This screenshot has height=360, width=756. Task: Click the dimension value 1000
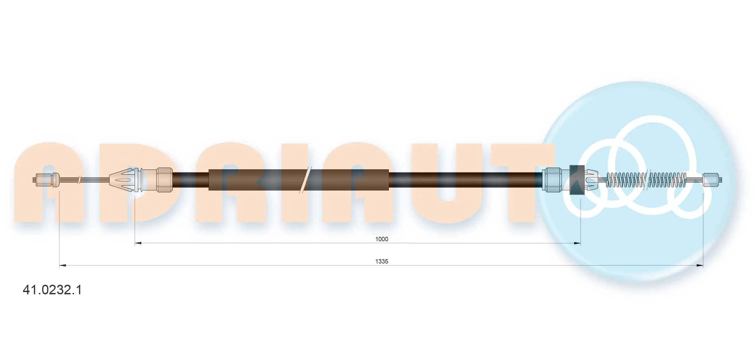point(381,239)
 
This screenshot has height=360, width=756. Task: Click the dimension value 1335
point(381,261)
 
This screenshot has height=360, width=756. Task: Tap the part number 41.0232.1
point(52,290)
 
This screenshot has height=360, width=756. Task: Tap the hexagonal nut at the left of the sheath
point(164,180)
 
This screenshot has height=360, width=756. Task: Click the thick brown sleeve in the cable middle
point(254,180)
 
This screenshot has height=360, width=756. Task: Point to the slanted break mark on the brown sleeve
point(305,180)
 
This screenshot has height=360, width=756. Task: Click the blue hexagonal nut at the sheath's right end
point(552,180)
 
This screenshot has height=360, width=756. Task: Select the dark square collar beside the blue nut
point(577,180)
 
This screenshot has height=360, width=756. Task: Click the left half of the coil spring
point(626,180)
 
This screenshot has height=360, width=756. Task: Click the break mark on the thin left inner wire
point(79,180)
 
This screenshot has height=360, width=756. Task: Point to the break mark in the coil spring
point(646,180)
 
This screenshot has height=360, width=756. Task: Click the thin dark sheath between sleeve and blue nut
point(464,180)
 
